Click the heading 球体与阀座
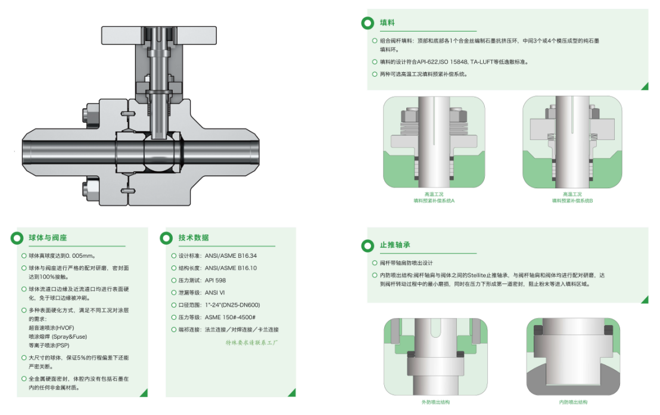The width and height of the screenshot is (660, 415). [48, 238]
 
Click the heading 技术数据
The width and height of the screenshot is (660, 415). [194, 238]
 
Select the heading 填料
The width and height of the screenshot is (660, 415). [387, 23]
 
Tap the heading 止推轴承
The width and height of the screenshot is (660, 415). [395, 245]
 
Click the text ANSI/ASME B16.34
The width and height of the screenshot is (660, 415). [231, 256]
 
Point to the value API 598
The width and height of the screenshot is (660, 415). [215, 280]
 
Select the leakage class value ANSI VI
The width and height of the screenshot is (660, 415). [214, 292]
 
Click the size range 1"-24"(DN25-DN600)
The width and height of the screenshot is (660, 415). [232, 305]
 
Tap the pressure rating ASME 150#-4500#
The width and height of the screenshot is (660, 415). [230, 317]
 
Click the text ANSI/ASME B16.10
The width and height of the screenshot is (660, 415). [231, 268]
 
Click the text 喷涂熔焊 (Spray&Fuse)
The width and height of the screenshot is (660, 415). [58, 337]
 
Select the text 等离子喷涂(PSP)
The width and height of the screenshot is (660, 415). [49, 345]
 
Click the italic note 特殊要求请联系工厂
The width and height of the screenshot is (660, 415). [252, 342]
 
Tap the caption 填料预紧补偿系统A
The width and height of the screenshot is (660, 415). [434, 201]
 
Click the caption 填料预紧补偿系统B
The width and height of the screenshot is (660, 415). [572, 201]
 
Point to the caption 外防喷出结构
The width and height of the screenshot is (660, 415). [435, 402]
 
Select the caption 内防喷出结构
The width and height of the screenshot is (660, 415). [573, 402]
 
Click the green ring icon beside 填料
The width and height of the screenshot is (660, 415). [368, 23]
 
